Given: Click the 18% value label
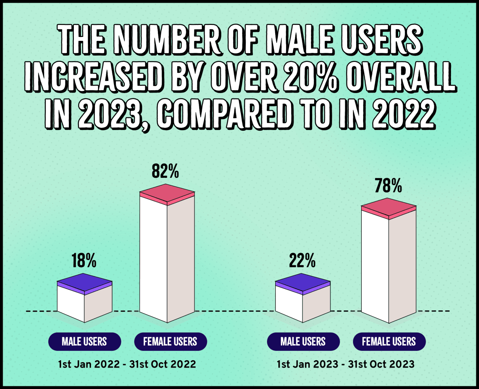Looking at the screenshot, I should (x=84, y=261).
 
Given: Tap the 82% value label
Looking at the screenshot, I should (x=165, y=171).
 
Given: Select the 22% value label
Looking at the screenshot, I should (x=302, y=261).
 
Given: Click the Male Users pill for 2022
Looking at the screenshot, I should (x=84, y=342).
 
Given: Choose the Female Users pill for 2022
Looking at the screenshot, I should (x=170, y=342).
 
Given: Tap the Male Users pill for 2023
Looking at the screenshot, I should (x=303, y=342).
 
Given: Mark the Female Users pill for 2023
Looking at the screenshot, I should (x=389, y=342).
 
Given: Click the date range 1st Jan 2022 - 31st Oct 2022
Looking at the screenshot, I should (x=127, y=364).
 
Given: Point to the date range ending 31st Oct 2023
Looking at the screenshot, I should (x=346, y=364).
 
